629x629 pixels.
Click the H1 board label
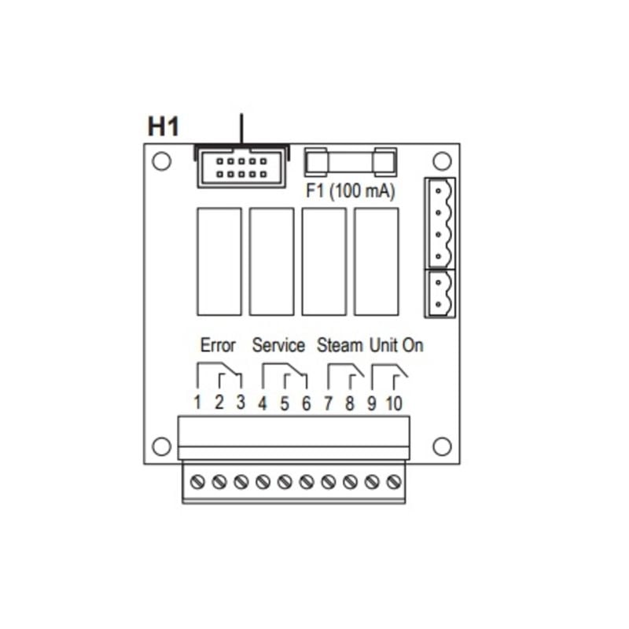tap(164, 127)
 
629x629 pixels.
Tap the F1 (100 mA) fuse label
tap(350, 190)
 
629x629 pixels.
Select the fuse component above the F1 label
tap(351, 162)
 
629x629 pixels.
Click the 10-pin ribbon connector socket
tap(241, 167)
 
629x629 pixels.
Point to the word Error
tap(218, 345)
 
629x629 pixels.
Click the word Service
tap(278, 345)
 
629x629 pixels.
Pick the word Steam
tap(340, 345)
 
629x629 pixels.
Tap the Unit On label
tap(396, 345)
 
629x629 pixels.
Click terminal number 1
tap(197, 403)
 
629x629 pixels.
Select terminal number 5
tap(285, 404)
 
